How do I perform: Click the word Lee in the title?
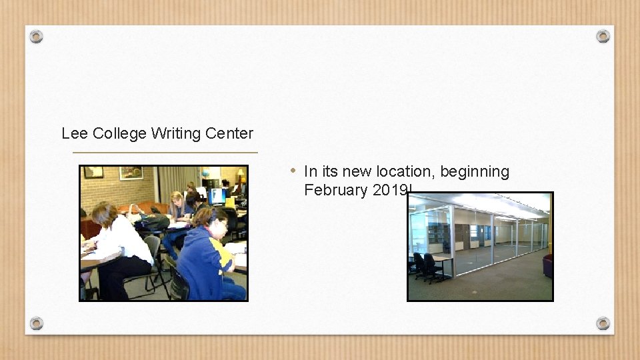(x=75, y=133)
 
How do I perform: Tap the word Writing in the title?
(x=175, y=133)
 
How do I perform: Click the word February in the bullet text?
(x=336, y=190)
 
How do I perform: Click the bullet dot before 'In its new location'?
(x=293, y=171)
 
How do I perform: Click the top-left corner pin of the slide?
(x=37, y=36)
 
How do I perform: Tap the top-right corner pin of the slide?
(x=603, y=36)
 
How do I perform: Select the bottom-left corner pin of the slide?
(x=37, y=323)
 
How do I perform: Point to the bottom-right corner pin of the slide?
(x=603, y=323)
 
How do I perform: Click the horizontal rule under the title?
(x=165, y=153)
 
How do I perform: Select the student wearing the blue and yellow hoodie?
(x=203, y=257)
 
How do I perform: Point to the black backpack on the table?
(x=151, y=222)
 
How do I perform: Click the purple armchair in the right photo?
(x=547, y=265)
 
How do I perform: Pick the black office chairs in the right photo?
(x=426, y=267)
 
